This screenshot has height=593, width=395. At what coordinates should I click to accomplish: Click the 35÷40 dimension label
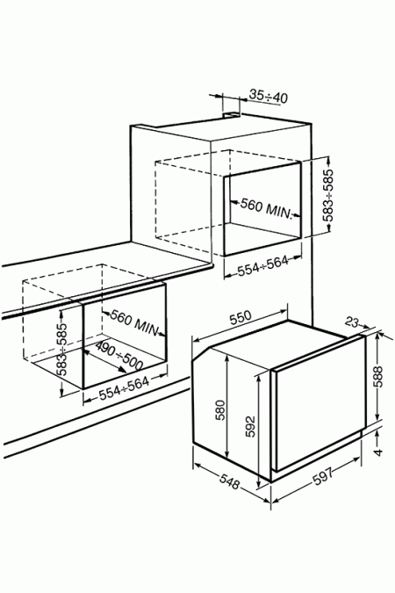[x=269, y=97]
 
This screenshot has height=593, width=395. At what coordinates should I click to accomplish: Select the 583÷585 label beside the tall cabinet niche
[x=328, y=195]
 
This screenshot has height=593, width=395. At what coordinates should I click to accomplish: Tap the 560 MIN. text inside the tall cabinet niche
[x=267, y=208]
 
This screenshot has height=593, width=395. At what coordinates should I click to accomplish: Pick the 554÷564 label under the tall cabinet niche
[x=263, y=266]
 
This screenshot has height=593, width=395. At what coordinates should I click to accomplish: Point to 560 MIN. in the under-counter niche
[x=133, y=324]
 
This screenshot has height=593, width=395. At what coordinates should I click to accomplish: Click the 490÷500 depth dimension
[x=118, y=355]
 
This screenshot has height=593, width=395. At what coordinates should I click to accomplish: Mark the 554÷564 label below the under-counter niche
[x=125, y=388]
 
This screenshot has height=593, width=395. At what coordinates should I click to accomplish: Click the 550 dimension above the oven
[x=241, y=318]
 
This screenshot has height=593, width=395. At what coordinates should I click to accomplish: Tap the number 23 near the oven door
[x=351, y=322]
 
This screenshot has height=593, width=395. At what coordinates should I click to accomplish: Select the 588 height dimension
[x=378, y=376]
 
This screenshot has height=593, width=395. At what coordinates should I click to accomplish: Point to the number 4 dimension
[x=378, y=452]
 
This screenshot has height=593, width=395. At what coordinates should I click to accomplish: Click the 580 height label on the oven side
[x=220, y=410]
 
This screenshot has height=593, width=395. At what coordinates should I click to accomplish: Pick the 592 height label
[x=250, y=427]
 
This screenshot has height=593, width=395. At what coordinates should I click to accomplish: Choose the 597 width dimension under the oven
[x=323, y=476]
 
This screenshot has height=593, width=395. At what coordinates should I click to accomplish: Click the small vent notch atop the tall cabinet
[x=232, y=114]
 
